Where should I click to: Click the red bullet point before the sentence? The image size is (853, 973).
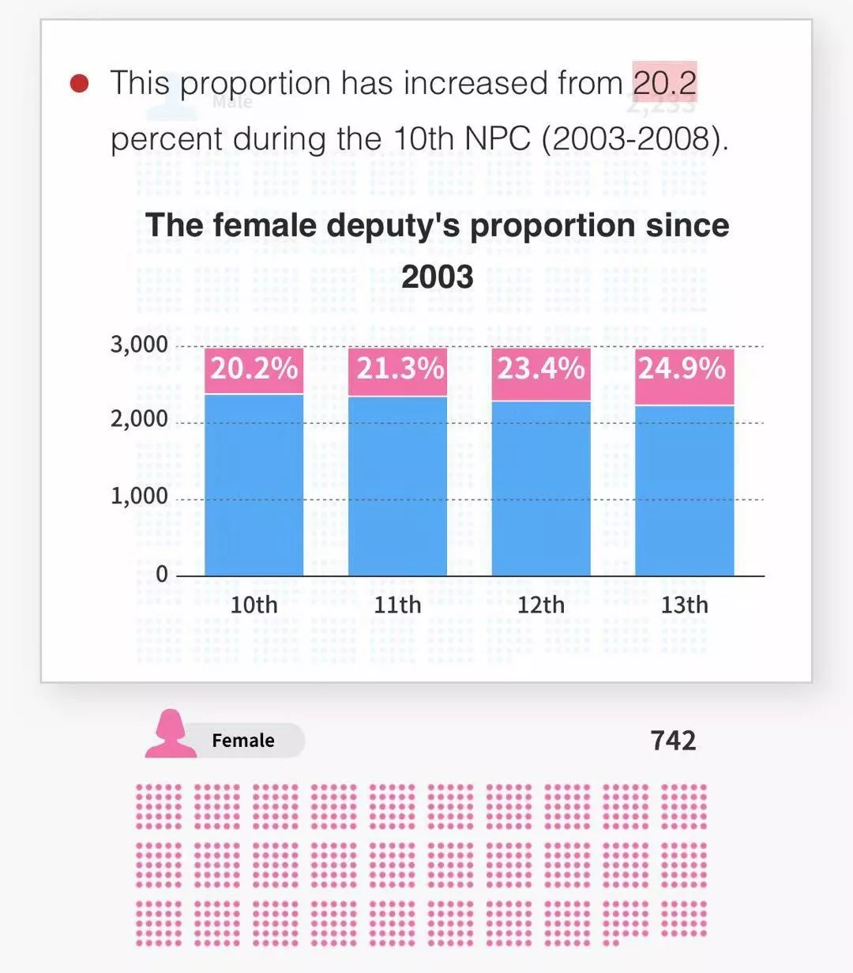[80, 83]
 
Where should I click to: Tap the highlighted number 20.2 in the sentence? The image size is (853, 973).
[664, 83]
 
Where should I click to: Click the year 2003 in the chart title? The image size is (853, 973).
[437, 277]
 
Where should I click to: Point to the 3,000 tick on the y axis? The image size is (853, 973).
[139, 345]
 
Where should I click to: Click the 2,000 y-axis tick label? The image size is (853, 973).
[139, 419]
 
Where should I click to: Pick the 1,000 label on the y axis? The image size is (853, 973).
[139, 496]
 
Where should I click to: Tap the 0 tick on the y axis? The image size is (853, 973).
[162, 574]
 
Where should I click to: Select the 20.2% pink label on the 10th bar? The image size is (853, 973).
[254, 369]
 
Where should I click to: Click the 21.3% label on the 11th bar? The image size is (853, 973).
[398, 369]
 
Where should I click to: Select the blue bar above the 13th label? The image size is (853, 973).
[684, 490]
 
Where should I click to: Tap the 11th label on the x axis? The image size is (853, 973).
[397, 605]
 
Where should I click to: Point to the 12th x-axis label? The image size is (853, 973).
[541, 605]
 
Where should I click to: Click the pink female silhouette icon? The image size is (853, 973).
[170, 735]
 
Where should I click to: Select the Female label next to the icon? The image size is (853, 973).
[243, 741]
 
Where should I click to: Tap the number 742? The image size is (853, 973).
[673, 741]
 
